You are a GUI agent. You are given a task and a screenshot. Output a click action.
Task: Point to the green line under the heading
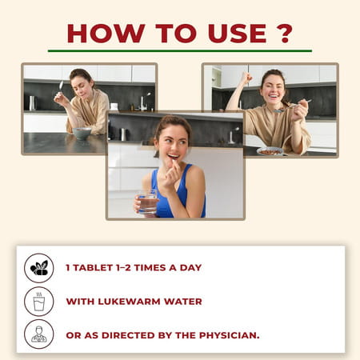[x=179, y=51]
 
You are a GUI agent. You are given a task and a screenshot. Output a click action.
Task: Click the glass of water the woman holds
[x=148, y=202]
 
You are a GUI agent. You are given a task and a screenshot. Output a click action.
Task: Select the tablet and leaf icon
[x=38, y=268]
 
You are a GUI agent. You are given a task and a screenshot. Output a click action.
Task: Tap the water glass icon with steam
[x=38, y=302]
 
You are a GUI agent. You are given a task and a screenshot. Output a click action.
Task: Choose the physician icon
[x=38, y=334]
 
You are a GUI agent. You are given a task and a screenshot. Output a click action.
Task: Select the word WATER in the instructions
[x=190, y=302]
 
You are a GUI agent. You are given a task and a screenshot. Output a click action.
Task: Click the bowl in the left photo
[x=82, y=134]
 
